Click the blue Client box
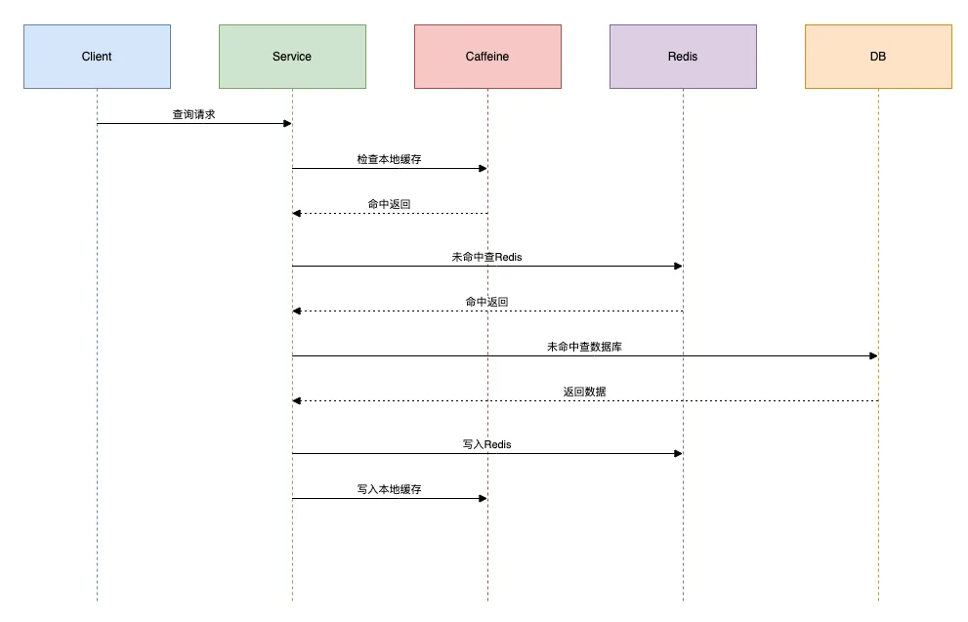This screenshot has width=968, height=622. click(97, 57)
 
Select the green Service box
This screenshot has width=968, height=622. click(293, 57)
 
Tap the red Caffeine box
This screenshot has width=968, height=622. click(487, 57)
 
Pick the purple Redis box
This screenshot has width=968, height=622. click(683, 57)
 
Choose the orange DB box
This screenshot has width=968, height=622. click(878, 57)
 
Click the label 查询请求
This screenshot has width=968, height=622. click(193, 115)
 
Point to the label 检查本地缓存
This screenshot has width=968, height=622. click(389, 159)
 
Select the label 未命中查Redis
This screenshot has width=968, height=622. click(487, 258)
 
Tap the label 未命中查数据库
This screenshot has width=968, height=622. click(585, 347)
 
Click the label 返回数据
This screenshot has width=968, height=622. click(585, 392)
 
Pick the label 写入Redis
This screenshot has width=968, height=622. click(487, 444)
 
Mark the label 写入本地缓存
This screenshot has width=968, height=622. click(389, 489)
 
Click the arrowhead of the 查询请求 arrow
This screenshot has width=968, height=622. click(288, 123)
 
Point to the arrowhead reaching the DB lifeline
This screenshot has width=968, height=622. click(873, 356)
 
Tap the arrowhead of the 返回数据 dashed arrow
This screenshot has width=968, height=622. click(297, 401)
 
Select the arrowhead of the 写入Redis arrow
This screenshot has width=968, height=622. click(679, 453)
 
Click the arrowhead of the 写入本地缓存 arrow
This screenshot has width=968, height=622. click(483, 499)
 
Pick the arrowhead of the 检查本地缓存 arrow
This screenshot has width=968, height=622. click(483, 169)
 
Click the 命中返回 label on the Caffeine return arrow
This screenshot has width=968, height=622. click(389, 204)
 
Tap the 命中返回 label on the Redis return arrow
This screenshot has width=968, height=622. click(487, 302)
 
